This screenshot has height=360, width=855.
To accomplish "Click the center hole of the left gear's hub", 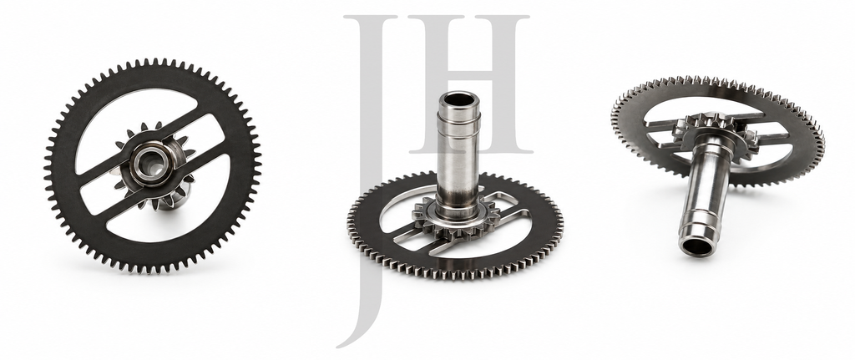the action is pyautogui.click(x=149, y=165).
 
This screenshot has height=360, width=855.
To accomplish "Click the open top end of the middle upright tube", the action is pyautogui.click(x=458, y=100).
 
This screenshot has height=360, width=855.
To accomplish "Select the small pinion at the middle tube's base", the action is pyautogui.click(x=456, y=220).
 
